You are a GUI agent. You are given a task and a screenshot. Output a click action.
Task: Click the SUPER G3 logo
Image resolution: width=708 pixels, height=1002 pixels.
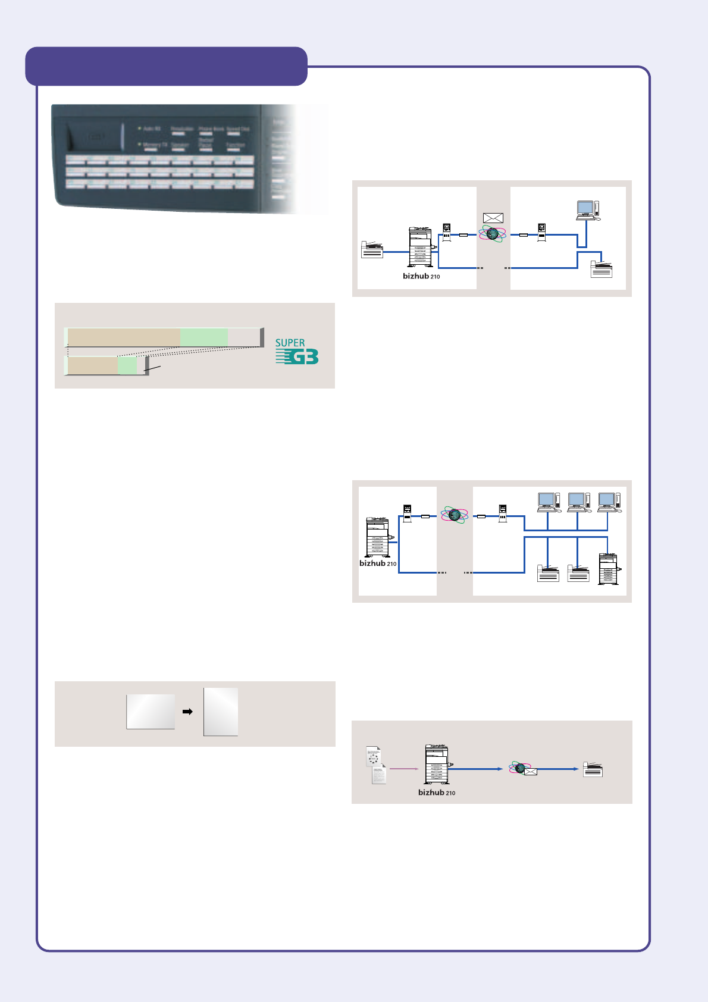coord(296,352)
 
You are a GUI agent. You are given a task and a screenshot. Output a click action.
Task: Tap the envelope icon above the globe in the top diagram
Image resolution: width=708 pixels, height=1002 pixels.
coord(493,218)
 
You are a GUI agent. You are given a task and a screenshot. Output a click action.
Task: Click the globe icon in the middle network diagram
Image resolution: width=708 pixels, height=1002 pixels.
coord(455,515)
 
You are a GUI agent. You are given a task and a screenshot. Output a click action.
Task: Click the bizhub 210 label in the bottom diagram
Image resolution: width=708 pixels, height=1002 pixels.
coord(437,793)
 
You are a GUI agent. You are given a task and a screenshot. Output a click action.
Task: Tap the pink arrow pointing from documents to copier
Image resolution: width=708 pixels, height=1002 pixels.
coord(404,769)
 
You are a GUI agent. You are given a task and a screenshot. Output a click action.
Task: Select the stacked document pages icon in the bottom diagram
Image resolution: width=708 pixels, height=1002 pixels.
coord(375,765)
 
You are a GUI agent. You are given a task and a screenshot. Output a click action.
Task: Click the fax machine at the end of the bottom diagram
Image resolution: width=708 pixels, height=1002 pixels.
coord(593,769)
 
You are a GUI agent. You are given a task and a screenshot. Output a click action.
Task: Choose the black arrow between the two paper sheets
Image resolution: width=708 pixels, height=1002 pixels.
coord(187,712)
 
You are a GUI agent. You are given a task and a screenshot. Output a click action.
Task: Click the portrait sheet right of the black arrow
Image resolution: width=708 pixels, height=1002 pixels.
coord(221,712)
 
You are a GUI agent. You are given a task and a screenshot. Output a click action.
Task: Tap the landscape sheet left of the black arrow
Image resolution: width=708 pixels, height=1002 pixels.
coord(151,712)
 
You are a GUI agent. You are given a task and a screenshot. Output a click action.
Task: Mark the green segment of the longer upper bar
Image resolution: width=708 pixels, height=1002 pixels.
coord(203,337)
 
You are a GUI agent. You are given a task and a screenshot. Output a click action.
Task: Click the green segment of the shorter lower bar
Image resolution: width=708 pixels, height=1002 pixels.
coord(127,365)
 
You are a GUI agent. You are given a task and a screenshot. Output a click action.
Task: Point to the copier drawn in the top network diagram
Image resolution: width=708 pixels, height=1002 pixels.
coord(421,248)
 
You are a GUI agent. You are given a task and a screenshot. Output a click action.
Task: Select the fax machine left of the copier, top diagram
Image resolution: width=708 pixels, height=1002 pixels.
coord(372,250)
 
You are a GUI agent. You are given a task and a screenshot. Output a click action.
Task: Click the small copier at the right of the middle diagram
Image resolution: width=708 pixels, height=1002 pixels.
coord(608,569)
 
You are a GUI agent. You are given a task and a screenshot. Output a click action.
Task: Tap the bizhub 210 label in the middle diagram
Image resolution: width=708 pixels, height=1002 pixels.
coord(378,563)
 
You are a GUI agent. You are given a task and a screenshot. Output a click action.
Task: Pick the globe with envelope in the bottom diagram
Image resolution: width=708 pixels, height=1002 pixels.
coord(523,769)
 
